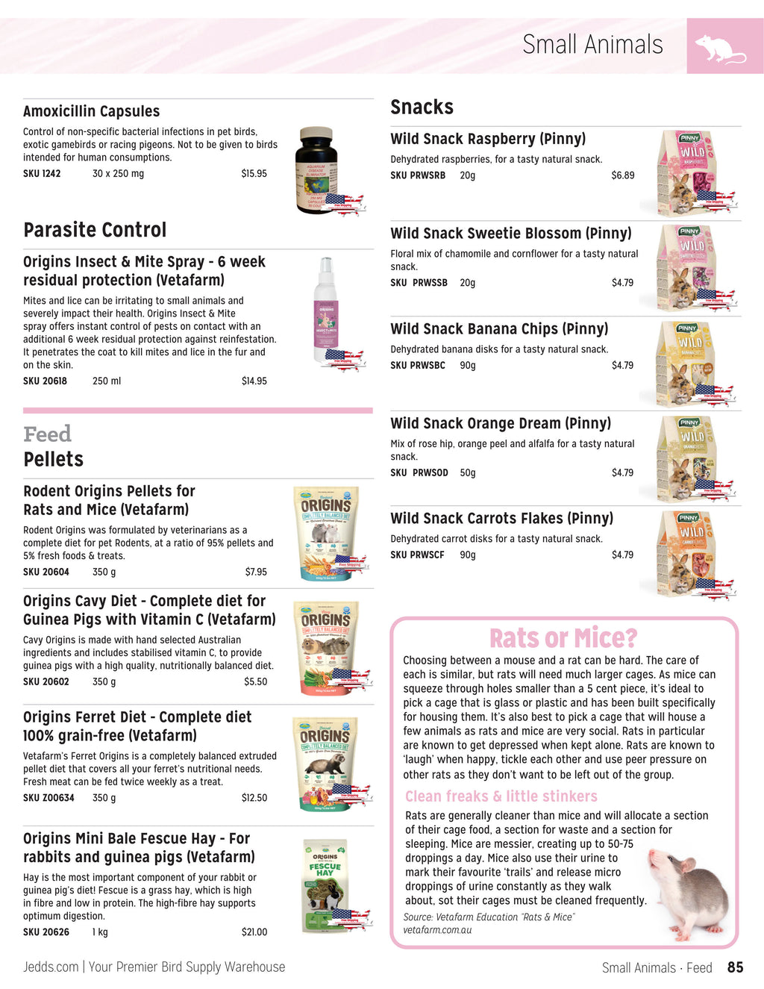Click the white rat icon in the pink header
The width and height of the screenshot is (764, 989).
(x=720, y=49)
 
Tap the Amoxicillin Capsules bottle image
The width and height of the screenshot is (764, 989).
(x=317, y=170)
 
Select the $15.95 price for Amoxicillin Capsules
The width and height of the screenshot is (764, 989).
(x=254, y=174)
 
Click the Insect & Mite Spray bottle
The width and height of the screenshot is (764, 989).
(x=327, y=311)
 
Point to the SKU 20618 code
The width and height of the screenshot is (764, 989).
(x=45, y=381)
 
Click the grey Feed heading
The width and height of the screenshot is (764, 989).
(x=47, y=434)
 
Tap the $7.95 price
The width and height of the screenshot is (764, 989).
(x=256, y=573)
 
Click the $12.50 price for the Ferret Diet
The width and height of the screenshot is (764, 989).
(x=254, y=798)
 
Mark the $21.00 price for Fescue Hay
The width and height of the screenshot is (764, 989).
(x=254, y=932)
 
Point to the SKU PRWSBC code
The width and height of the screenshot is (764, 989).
(x=418, y=366)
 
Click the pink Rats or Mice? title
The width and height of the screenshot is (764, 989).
(x=563, y=639)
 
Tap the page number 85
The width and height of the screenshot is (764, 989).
(x=735, y=967)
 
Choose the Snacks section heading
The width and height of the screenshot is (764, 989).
(x=422, y=107)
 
